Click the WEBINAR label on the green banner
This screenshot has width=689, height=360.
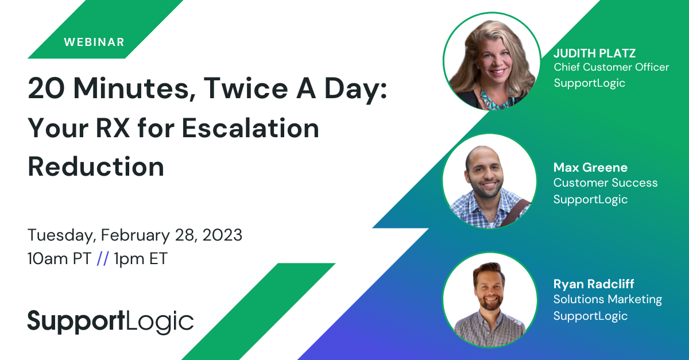pyautogui.click(x=94, y=42)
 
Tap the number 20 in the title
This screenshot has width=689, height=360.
pyautogui.click(x=46, y=88)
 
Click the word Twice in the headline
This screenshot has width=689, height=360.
pyautogui.click(x=246, y=88)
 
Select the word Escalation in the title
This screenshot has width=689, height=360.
pyautogui.click(x=250, y=128)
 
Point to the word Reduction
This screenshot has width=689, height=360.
pyautogui.click(x=96, y=167)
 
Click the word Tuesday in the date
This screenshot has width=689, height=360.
pyautogui.click(x=60, y=235)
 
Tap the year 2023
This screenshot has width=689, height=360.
pyautogui.click(x=222, y=235)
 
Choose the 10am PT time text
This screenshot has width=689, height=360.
pyautogui.click(x=59, y=258)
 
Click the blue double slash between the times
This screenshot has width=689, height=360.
pyautogui.click(x=103, y=258)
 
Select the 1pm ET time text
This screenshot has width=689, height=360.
pyautogui.click(x=140, y=258)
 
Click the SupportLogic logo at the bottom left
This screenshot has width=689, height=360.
pyautogui.click(x=111, y=322)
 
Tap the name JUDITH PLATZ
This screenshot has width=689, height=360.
pyautogui.click(x=594, y=53)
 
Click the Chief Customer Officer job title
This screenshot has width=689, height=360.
pyautogui.click(x=611, y=67)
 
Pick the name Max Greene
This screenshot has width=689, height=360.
pyautogui.click(x=590, y=168)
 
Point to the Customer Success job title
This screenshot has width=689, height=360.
pyautogui.click(x=605, y=183)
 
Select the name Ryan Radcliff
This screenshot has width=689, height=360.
pyautogui.click(x=594, y=284)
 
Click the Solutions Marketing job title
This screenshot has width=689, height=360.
pyautogui.click(x=607, y=299)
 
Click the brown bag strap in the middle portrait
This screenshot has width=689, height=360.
pyautogui.click(x=514, y=214)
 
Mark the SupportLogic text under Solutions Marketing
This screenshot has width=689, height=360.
pyautogui.click(x=590, y=316)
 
